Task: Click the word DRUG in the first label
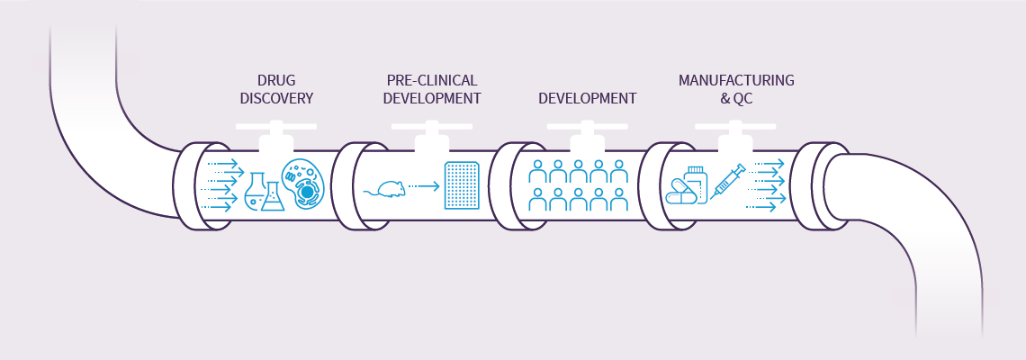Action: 276,81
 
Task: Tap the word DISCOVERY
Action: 276,98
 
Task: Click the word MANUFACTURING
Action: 736,81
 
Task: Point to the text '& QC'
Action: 736,98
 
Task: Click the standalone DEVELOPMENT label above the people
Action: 587,98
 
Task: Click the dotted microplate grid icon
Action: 462,186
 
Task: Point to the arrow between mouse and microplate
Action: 422,187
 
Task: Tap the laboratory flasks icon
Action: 264,192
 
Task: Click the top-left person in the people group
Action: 537,171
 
